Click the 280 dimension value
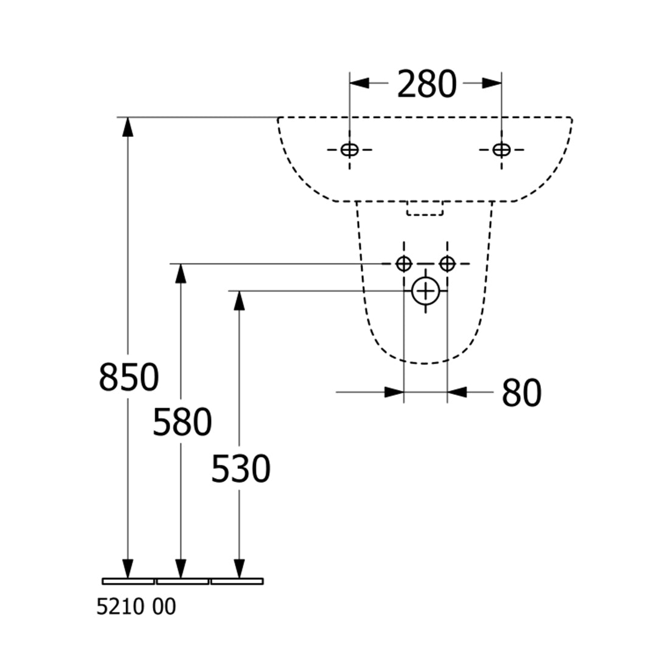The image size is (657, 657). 426,84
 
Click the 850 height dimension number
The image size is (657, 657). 128,377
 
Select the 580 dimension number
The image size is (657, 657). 182,422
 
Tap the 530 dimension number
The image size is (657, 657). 240,468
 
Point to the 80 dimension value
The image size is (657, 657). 522,392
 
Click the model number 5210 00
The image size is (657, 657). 136,607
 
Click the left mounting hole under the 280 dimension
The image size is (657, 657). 349,150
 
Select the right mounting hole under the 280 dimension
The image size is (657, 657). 501,150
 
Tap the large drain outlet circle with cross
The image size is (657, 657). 426,291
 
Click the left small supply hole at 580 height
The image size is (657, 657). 403,263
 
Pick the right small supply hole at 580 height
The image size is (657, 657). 447,263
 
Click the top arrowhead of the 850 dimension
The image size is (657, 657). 128,127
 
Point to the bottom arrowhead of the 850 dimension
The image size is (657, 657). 128,569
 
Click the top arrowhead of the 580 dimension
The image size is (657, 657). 181,274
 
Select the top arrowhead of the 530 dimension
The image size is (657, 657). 239,301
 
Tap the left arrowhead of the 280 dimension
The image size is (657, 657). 360,83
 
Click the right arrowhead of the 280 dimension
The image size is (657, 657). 492,83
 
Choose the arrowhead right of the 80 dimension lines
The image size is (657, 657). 457,392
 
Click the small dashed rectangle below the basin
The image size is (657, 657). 425,208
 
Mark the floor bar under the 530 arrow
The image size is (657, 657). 237,581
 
